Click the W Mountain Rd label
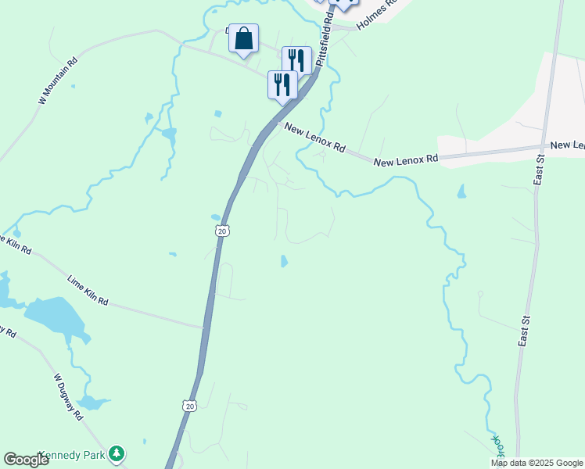click(x=58, y=81)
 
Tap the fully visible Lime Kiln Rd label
click(x=88, y=290)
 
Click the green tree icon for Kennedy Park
click(x=117, y=453)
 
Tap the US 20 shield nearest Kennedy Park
click(x=188, y=405)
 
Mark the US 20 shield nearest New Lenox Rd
click(x=222, y=231)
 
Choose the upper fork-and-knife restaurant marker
click(x=296, y=59)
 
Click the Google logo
click(x=26, y=460)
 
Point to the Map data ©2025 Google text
click(x=537, y=463)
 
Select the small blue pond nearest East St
click(x=462, y=191)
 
